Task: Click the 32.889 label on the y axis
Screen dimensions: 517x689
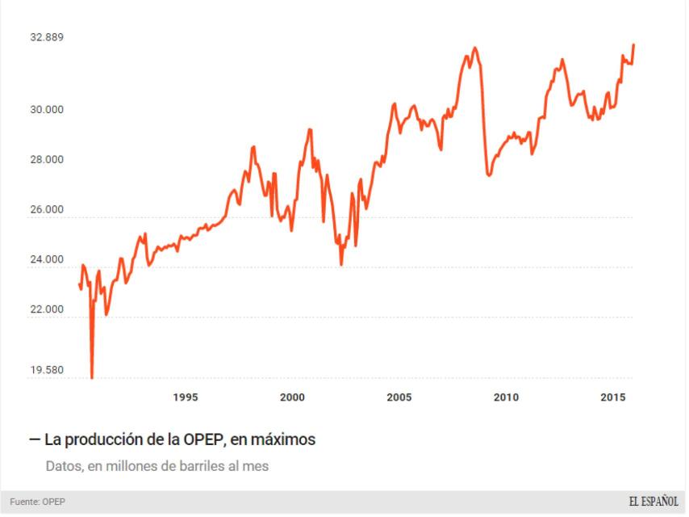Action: (x=47, y=37)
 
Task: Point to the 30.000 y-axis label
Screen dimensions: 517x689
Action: (x=47, y=110)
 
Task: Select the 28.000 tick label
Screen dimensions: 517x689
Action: (x=47, y=160)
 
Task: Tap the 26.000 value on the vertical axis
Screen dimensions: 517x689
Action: (x=47, y=210)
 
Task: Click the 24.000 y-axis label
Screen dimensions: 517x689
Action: (x=47, y=260)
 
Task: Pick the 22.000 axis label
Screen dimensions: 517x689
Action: (x=47, y=310)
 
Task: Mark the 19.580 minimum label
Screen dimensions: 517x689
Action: (x=47, y=371)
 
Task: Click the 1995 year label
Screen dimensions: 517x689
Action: (x=186, y=397)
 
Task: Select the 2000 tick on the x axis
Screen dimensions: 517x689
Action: (x=292, y=397)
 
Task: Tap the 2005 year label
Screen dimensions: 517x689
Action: (x=399, y=397)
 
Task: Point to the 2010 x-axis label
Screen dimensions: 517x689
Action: (x=506, y=397)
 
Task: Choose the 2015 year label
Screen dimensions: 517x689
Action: (x=613, y=397)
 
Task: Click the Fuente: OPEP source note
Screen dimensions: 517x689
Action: (x=38, y=502)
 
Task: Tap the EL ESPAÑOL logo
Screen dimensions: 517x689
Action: (x=654, y=502)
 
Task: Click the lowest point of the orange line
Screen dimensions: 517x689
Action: (x=92, y=377)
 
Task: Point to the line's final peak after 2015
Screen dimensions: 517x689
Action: (x=633, y=45)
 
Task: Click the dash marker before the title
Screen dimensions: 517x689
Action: (x=34, y=440)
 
